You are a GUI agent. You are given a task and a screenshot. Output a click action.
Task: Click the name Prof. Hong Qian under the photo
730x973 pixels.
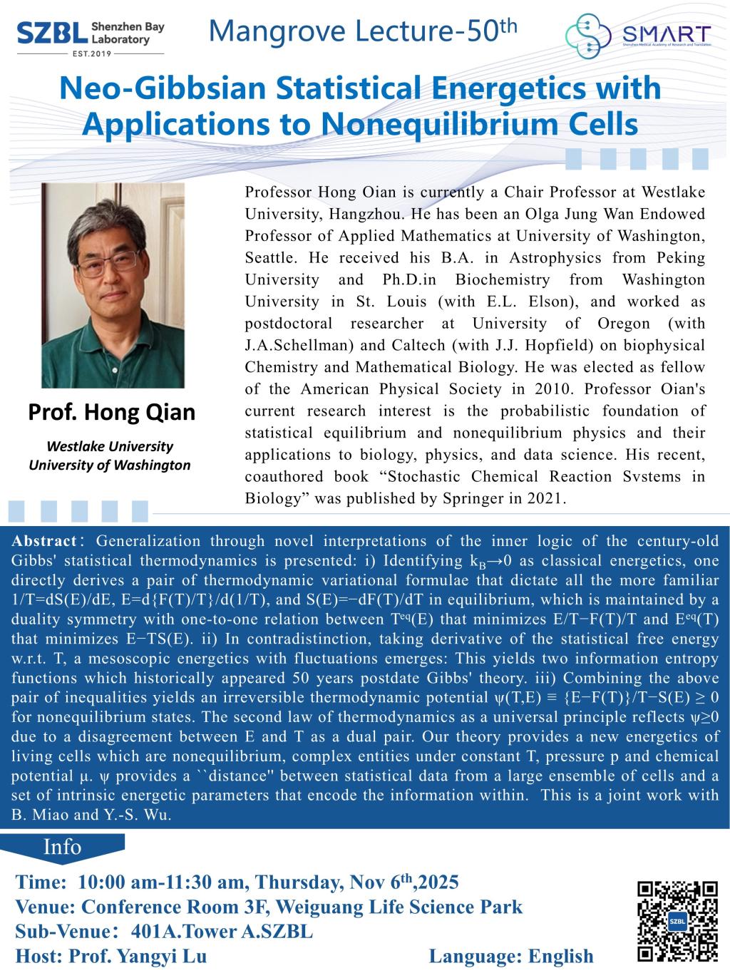click(111, 412)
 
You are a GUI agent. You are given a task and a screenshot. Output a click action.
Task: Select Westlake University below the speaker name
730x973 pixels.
click(110, 446)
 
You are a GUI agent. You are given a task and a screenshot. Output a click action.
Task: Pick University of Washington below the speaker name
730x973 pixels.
click(110, 465)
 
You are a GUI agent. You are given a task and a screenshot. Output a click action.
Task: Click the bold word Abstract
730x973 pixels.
click(43, 541)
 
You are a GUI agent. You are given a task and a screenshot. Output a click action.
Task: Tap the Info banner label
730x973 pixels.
click(63, 847)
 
